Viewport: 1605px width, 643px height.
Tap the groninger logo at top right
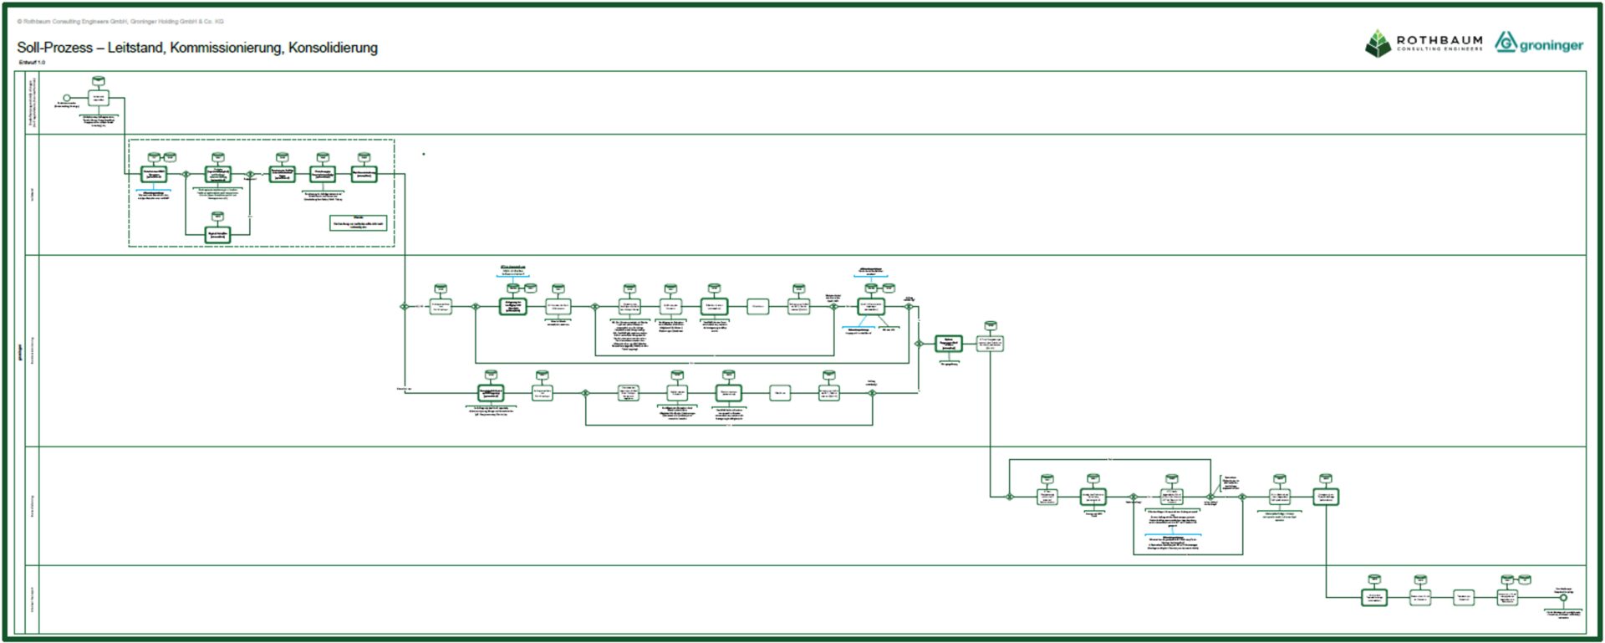[x=1539, y=43]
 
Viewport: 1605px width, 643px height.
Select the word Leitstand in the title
[x=135, y=48]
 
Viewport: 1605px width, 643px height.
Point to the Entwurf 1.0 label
[x=32, y=63]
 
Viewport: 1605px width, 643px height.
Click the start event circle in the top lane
[x=67, y=99]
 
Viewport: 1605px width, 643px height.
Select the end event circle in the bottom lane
[x=1562, y=597]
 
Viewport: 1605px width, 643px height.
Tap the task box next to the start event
[x=99, y=98]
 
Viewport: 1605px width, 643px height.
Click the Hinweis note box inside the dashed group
[x=358, y=223]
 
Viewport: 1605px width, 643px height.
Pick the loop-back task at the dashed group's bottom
[x=217, y=234]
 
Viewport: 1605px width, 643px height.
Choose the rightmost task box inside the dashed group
[x=364, y=174]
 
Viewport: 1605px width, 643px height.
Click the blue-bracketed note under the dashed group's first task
[x=153, y=196]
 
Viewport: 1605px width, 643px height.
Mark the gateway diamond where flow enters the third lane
[x=404, y=307]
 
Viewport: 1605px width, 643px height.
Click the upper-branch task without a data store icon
[x=757, y=307]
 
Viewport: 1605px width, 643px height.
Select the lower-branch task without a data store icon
[x=779, y=392]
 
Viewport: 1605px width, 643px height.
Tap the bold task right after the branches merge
[x=948, y=343]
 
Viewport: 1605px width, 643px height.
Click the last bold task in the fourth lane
[x=1325, y=497]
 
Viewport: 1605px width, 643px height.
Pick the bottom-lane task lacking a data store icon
[x=1463, y=597]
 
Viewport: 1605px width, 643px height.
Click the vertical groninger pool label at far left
[x=20, y=351]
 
